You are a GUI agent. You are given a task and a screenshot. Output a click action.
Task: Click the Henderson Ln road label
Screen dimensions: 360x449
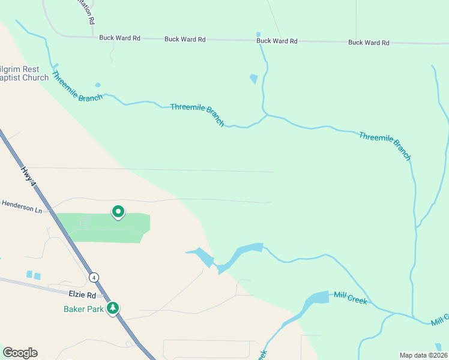tap(21, 210)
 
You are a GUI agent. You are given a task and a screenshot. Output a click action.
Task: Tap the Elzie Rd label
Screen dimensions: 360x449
tap(82, 295)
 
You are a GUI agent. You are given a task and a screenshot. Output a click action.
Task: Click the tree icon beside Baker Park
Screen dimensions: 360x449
tap(112, 308)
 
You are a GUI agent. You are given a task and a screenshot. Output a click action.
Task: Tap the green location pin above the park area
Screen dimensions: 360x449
tap(118, 212)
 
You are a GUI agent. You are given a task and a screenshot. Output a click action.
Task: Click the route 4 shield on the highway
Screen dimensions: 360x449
tap(94, 277)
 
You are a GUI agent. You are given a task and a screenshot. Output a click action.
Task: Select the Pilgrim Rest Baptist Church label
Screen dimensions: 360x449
tap(24, 73)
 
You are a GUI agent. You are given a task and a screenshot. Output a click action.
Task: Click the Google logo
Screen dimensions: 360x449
tap(20, 353)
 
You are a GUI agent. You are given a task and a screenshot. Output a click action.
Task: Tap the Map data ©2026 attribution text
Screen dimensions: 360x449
tap(423, 355)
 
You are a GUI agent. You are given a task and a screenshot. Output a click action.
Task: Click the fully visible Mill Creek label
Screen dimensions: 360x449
tap(350, 297)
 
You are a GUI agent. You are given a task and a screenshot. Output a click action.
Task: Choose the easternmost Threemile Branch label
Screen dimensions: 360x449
tap(385, 146)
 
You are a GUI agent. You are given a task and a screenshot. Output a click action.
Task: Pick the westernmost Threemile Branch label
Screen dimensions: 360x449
tap(77, 86)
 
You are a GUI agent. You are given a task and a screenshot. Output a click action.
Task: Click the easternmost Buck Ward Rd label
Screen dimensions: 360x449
tap(369, 43)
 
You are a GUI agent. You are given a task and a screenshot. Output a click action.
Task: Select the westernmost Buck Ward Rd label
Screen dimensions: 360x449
tap(119, 38)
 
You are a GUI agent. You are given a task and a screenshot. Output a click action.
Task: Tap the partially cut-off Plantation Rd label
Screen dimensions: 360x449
tap(87, 12)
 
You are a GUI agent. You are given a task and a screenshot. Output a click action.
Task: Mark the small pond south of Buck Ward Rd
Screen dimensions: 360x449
tap(253, 79)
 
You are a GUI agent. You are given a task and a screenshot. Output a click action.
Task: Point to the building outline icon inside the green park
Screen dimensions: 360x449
tap(83, 222)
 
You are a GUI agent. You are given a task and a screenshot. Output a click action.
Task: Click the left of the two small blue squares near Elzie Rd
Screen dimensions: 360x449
tap(29, 274)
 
